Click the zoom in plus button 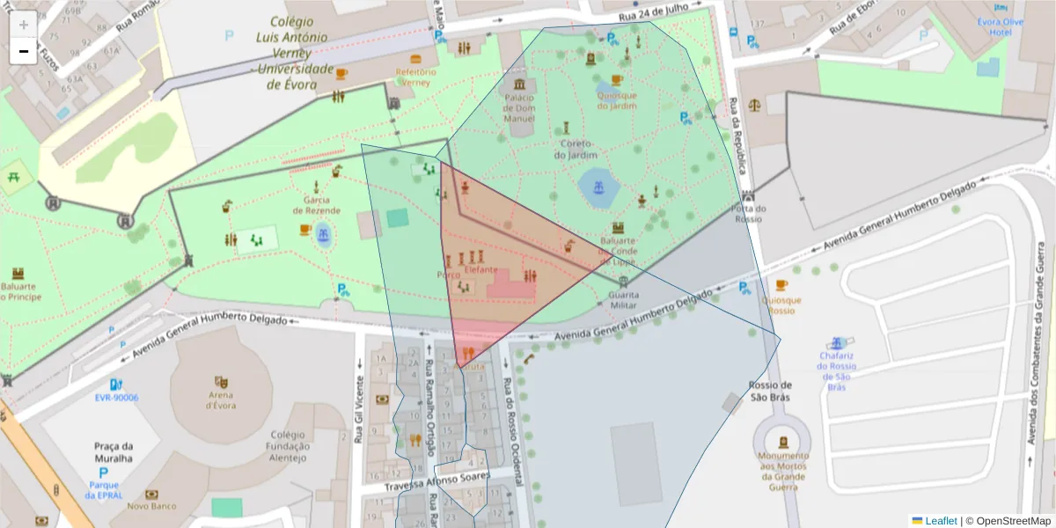24,25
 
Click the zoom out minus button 24,51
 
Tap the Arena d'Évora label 222,399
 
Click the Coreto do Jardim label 576,149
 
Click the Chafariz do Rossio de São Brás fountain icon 837,342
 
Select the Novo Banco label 151,506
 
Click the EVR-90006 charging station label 116,397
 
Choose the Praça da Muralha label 113,451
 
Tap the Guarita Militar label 623,299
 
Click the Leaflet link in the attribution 940,521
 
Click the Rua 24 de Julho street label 651,12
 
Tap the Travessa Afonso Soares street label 437,481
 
